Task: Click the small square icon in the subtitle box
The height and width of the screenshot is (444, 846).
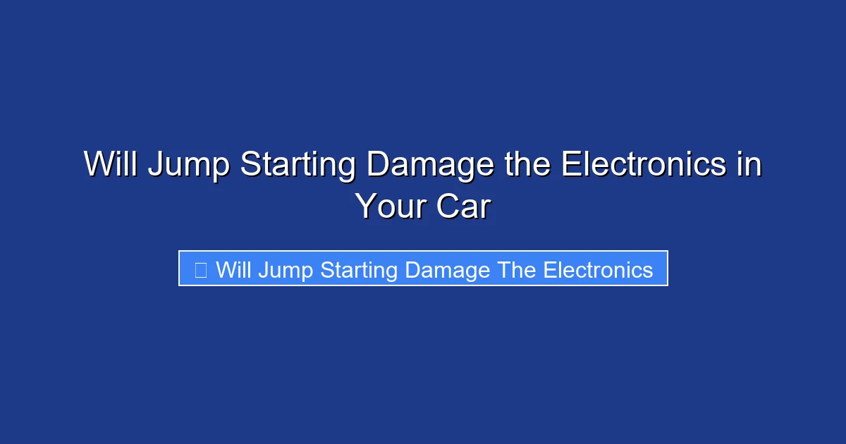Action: point(200,269)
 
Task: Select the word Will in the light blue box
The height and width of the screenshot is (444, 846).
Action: point(233,269)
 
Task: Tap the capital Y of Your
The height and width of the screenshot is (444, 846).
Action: point(366,206)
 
